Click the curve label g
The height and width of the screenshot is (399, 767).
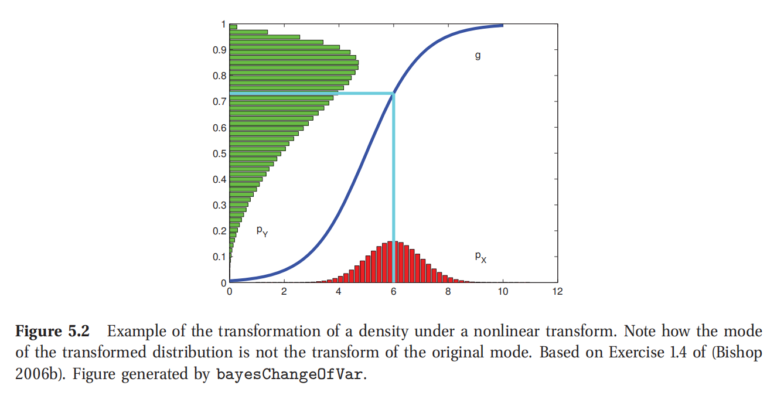pyautogui.click(x=478, y=56)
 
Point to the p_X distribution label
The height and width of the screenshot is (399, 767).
pyautogui.click(x=480, y=257)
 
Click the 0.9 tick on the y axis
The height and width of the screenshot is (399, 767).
pyautogui.click(x=219, y=50)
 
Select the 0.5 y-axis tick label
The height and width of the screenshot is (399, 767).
pyautogui.click(x=219, y=154)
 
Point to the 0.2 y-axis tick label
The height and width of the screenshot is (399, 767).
pyautogui.click(x=219, y=231)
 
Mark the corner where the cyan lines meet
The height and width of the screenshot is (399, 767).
pyautogui.click(x=393, y=93)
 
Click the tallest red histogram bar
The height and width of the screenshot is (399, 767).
pyautogui.click(x=390, y=261)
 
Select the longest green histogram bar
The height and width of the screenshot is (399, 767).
pyautogui.click(x=294, y=62)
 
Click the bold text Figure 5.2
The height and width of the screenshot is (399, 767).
pyautogui.click(x=52, y=331)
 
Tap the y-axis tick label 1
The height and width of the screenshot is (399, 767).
pyautogui.click(x=223, y=24)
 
